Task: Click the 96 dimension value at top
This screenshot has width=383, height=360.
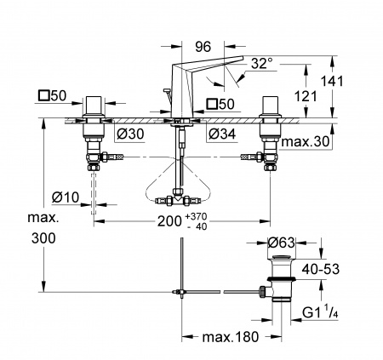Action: [203, 47]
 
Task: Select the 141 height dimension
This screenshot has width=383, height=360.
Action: [332, 81]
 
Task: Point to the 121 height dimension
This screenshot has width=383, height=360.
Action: [306, 96]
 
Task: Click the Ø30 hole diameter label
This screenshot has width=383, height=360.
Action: [130, 134]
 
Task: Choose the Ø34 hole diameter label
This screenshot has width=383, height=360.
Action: [222, 134]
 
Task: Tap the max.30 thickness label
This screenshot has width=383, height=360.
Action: [305, 141]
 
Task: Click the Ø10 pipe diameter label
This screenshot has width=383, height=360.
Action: [66, 197]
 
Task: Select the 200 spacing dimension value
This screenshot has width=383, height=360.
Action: [169, 221]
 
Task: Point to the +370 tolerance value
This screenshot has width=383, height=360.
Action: [196, 216]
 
